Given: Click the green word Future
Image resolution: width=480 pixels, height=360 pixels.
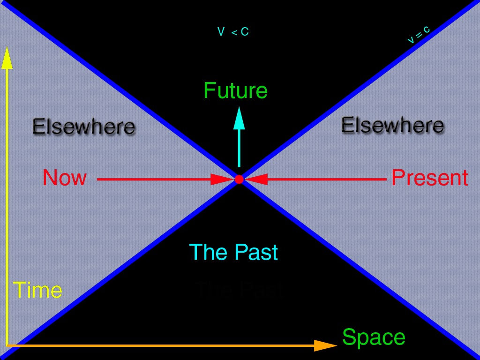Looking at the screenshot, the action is point(235,90).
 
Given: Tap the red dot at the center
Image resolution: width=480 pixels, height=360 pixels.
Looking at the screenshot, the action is point(239,179).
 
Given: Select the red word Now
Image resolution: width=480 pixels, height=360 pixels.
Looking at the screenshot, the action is point(65,178).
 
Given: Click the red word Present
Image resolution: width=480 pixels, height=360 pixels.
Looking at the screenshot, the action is point(429,178).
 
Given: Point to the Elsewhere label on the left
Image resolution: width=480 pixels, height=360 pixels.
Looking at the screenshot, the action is point(83,127).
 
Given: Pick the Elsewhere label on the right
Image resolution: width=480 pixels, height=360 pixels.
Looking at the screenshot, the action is point(392,125).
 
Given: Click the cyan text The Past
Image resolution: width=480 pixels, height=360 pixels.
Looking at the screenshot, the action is point(233,252).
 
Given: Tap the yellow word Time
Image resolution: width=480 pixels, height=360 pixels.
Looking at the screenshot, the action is point(37,291).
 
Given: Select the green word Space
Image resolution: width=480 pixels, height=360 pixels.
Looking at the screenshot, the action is point(374,337).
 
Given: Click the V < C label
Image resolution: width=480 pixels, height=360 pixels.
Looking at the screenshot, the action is point(233,32).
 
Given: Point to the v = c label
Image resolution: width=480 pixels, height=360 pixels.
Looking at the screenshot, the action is point(418,35).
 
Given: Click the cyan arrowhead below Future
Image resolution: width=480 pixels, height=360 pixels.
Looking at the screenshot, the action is point(239,118).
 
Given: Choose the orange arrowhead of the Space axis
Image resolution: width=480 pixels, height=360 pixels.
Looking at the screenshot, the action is point(325,345).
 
